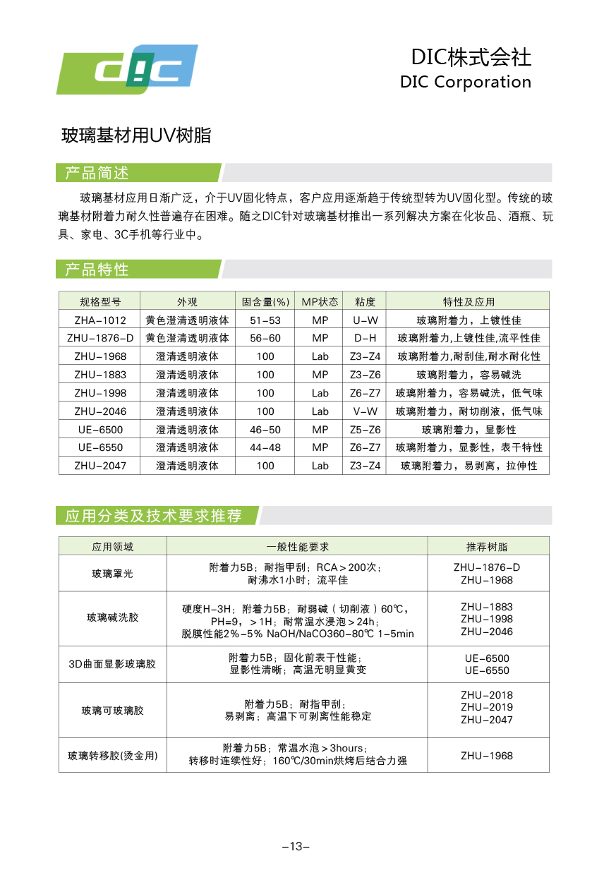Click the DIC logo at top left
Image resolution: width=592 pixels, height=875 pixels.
click(x=127, y=69)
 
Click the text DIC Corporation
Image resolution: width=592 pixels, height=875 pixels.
click(x=465, y=82)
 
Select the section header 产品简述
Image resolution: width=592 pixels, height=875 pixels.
click(x=97, y=173)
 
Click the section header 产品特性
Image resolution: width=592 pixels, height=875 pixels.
click(x=97, y=270)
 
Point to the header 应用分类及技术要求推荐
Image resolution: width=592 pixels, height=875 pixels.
click(x=153, y=516)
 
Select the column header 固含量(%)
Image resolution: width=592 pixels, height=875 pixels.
click(x=265, y=301)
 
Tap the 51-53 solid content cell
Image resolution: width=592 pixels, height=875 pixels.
click(x=265, y=320)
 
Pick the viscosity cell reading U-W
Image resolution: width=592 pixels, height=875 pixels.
click(x=365, y=320)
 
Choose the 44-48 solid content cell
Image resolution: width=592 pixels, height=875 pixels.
click(x=265, y=447)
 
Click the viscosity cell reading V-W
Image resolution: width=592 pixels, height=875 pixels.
click(x=365, y=411)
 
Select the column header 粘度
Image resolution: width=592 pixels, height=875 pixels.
click(x=365, y=301)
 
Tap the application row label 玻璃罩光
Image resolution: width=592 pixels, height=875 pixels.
click(x=112, y=574)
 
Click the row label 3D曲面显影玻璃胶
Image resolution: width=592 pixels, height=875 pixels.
click(x=112, y=664)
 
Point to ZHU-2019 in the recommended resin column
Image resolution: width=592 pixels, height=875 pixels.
click(x=487, y=707)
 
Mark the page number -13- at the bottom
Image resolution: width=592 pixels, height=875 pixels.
click(x=296, y=847)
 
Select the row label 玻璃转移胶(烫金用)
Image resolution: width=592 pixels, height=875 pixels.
click(x=112, y=756)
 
